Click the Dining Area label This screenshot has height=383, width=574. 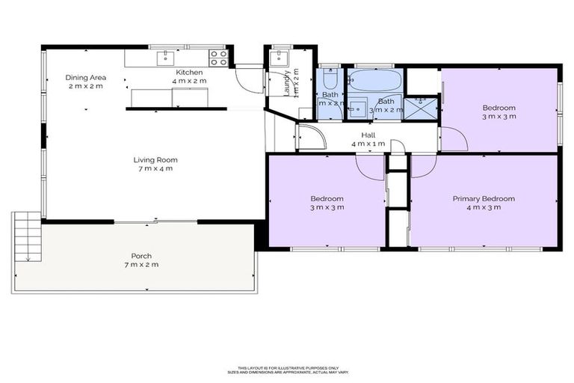[x=85, y=77]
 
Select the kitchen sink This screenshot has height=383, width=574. [x=166, y=57]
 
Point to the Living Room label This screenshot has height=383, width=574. [x=155, y=159]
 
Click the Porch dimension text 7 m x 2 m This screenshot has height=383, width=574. [x=141, y=265]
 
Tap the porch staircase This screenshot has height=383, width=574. [x=26, y=235]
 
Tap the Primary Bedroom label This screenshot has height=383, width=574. [x=484, y=198]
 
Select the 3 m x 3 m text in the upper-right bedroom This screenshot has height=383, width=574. [x=499, y=117]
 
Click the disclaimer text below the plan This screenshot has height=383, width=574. [x=287, y=370]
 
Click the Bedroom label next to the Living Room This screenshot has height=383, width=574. [x=327, y=198]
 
